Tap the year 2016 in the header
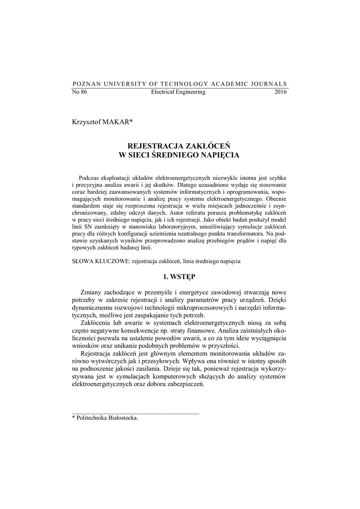[x=280, y=92]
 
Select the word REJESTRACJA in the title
[x=155, y=146]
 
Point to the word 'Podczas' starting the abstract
[x=89, y=177]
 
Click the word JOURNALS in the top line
[x=268, y=84]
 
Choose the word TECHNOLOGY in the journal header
[x=177, y=84]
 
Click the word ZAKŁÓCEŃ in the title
[x=207, y=146]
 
